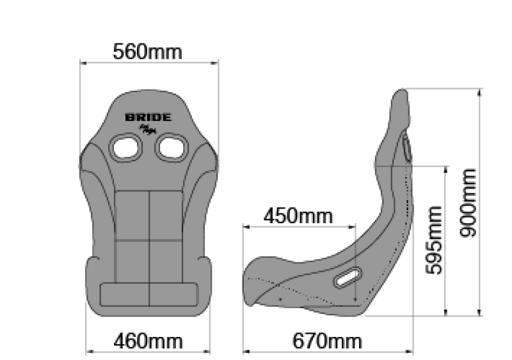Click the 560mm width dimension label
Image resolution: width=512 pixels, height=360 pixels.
147,51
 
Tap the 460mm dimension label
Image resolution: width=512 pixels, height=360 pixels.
148,340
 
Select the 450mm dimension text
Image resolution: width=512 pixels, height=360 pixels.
298,216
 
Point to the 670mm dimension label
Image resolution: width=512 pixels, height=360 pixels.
327,340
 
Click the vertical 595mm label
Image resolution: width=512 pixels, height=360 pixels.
435,240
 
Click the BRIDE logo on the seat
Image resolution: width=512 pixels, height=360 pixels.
148,118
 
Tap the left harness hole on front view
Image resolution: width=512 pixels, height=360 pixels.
124,147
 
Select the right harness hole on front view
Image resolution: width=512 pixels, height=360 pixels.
171,147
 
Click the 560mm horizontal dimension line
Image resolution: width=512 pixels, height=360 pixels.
148,62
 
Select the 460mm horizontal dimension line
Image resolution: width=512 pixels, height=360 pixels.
148,351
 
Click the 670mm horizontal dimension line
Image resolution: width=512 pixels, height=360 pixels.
326,351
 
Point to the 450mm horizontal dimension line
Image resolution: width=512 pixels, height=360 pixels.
298,226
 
